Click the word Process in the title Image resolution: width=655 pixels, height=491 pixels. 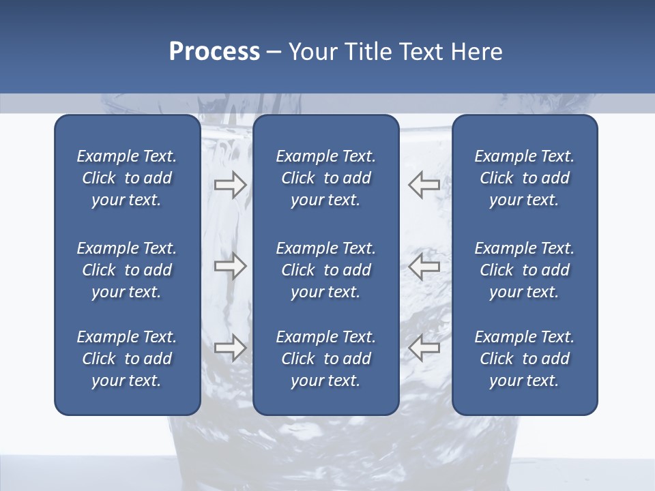click(214, 52)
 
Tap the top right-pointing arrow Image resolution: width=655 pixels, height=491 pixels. click(230, 185)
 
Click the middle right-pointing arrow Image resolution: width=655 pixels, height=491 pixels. click(230, 266)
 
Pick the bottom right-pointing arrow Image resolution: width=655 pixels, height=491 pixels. click(230, 348)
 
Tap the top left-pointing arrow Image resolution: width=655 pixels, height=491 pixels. click(424, 185)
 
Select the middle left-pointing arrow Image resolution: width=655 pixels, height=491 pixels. click(424, 266)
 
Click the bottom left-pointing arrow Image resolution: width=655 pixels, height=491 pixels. click(424, 348)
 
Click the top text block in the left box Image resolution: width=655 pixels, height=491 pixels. click(127, 178)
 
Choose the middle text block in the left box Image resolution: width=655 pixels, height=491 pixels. click(127, 270)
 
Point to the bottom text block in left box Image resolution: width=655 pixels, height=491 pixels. click(127, 359)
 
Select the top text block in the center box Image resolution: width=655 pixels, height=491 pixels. click(325, 178)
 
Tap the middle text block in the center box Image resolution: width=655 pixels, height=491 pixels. click(325, 270)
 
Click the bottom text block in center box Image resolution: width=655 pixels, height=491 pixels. click(325, 359)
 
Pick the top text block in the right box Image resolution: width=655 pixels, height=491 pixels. click(524, 178)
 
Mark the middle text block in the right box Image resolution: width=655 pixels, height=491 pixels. click(524, 270)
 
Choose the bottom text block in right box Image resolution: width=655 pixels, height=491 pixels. click(524, 359)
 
